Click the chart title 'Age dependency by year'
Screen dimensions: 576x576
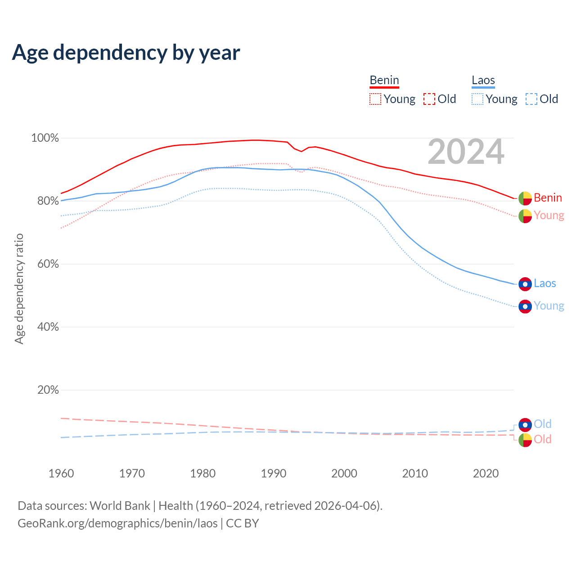126,53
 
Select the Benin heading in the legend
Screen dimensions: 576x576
384,80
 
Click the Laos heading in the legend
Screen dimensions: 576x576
483,80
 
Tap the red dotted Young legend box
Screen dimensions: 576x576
375,99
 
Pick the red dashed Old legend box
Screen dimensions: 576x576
429,99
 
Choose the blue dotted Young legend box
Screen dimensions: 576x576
477,99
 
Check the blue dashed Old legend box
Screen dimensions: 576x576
531,99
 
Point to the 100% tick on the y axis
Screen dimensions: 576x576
45,138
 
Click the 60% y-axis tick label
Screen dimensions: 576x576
48,264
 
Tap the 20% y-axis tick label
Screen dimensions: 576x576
48,390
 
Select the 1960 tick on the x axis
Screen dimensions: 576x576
61,473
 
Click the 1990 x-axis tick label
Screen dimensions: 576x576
274,473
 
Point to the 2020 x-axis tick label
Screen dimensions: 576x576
486,473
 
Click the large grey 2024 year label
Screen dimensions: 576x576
466,152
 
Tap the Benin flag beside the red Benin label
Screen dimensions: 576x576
525,198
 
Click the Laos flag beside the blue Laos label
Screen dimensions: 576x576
525,284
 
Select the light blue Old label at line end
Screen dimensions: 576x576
543,424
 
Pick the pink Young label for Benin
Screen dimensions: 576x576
549,216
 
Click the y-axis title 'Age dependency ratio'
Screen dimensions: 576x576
19,288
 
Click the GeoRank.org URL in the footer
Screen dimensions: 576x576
117,523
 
